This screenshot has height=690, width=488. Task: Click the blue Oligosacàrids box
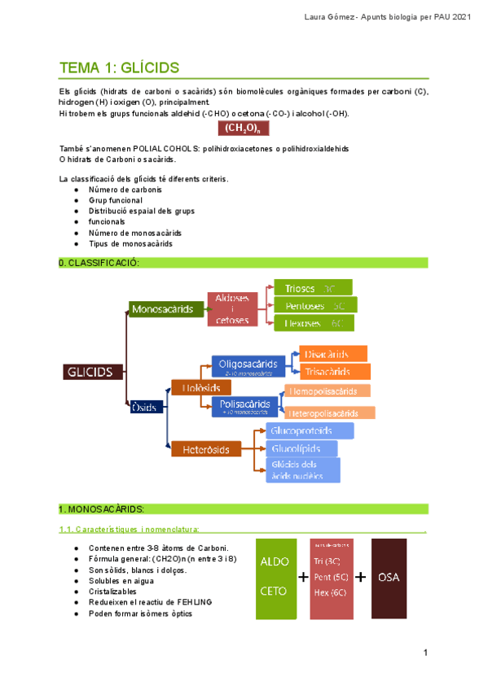click(248, 365)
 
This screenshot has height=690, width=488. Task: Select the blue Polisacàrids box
click(245, 405)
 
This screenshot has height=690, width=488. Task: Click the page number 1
click(425, 653)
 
